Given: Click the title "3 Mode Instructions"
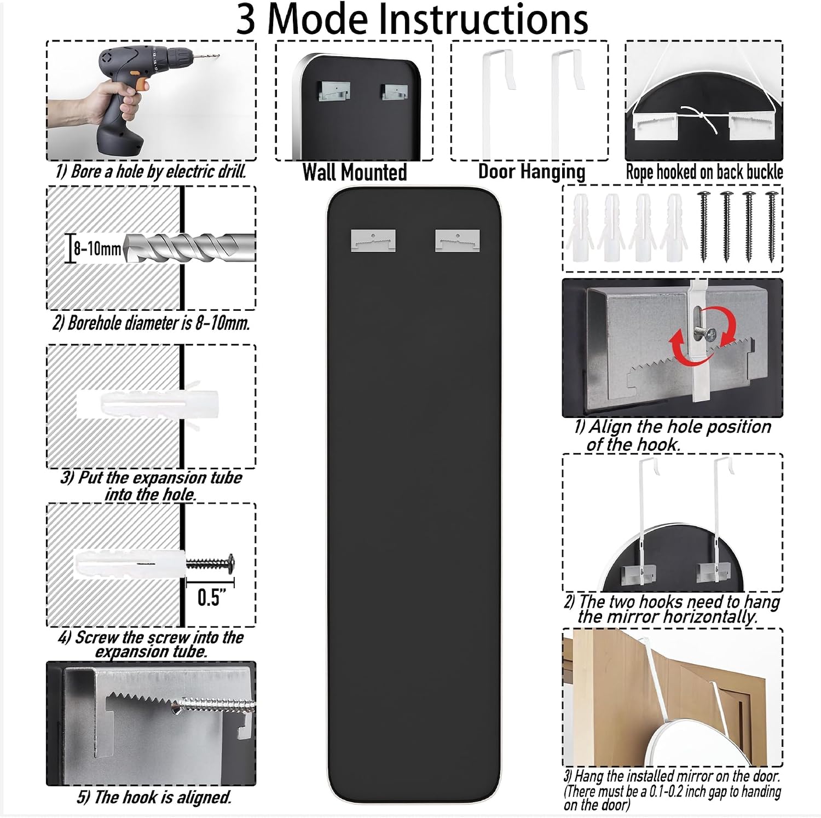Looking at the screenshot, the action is pyautogui.click(x=412, y=19).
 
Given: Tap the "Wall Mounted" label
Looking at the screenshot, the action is pyautogui.click(x=355, y=172).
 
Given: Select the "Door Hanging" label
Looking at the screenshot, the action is pyautogui.click(x=531, y=171).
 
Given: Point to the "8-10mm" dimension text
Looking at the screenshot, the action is pyautogui.click(x=97, y=249).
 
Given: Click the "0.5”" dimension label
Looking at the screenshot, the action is pyautogui.click(x=209, y=597).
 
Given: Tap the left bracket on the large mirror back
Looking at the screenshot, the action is pyautogui.click(x=373, y=240).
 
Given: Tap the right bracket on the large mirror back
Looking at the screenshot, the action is pyautogui.click(x=458, y=240).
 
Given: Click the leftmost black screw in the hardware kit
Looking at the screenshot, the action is pyautogui.click(x=703, y=226).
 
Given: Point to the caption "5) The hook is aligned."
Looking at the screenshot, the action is pyautogui.click(x=154, y=797).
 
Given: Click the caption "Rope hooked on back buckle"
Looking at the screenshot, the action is pyautogui.click(x=704, y=172).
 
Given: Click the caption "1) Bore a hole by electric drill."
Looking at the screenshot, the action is pyautogui.click(x=151, y=171).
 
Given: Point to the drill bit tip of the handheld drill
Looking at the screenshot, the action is pyautogui.click(x=217, y=55).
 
